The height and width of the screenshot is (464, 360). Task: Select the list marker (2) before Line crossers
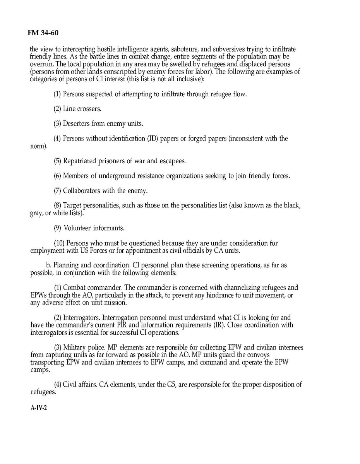point(57,109)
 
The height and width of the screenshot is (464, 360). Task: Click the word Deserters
point(77,124)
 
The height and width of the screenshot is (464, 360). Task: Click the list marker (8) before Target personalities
point(57,205)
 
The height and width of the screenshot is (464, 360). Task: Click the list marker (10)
point(59,243)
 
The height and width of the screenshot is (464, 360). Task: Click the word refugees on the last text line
point(43,392)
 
